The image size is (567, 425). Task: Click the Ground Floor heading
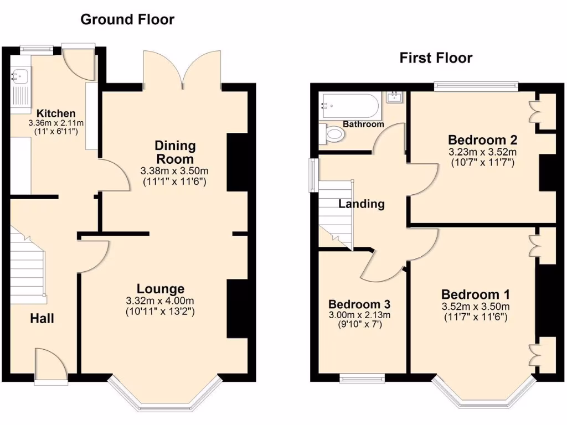(127, 20)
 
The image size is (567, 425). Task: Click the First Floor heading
(436, 58)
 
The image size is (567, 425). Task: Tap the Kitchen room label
(53, 113)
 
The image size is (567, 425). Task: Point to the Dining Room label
(175, 152)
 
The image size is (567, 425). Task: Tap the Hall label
(42, 319)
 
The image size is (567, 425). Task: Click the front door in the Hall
(51, 365)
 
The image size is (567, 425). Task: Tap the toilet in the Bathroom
(332, 133)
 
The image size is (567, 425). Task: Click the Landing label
(362, 204)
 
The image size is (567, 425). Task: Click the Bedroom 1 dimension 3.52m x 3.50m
(476, 307)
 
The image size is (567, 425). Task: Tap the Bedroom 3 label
(359, 304)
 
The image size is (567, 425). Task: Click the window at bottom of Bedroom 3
(362, 379)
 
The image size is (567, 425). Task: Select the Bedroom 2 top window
(476, 86)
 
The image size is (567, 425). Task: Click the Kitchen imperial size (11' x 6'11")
(53, 132)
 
